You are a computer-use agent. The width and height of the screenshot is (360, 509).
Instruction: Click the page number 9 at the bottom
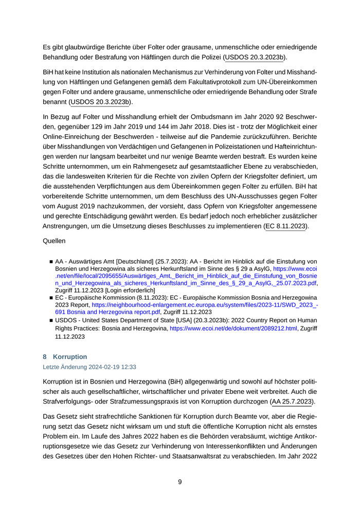[x=180, y=482]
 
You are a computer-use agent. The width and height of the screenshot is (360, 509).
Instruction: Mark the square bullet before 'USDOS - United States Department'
[x=51, y=320]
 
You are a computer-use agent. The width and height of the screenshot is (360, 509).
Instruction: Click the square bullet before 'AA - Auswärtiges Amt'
[x=51, y=262]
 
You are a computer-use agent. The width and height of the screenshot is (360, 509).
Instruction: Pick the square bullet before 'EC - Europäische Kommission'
[x=51, y=298]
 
